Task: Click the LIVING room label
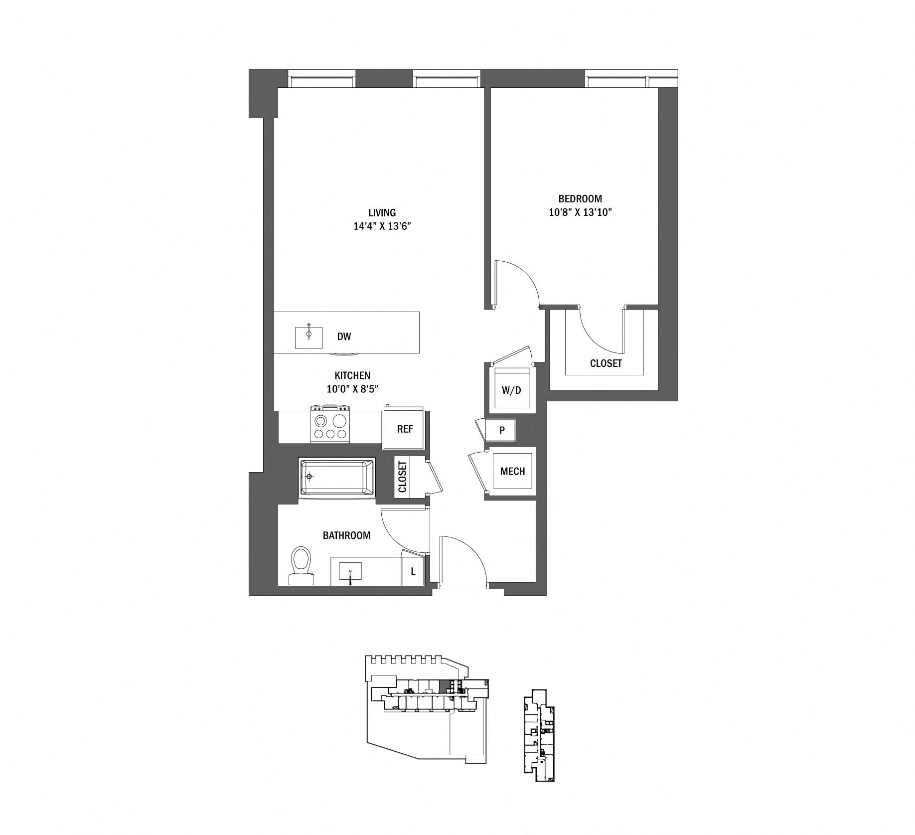tap(382, 213)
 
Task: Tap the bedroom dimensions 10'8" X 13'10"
tap(580, 212)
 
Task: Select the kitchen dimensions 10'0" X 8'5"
tap(352, 389)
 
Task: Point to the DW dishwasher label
tap(344, 336)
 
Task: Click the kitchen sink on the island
tap(309, 337)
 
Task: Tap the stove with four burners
tap(330, 424)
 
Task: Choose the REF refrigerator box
tap(405, 429)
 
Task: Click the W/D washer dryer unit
tap(511, 390)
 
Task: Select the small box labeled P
tap(502, 430)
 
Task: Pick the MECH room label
tap(512, 471)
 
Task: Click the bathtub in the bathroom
tap(337, 477)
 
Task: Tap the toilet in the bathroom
tap(301, 565)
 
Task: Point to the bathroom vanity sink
tap(350, 571)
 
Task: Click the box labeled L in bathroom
tap(413, 572)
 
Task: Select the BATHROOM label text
tap(346, 535)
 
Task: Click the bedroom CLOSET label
tap(606, 363)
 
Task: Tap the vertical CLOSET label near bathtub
tap(402, 477)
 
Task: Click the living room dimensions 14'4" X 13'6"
tap(382, 226)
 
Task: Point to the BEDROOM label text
tap(580, 198)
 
